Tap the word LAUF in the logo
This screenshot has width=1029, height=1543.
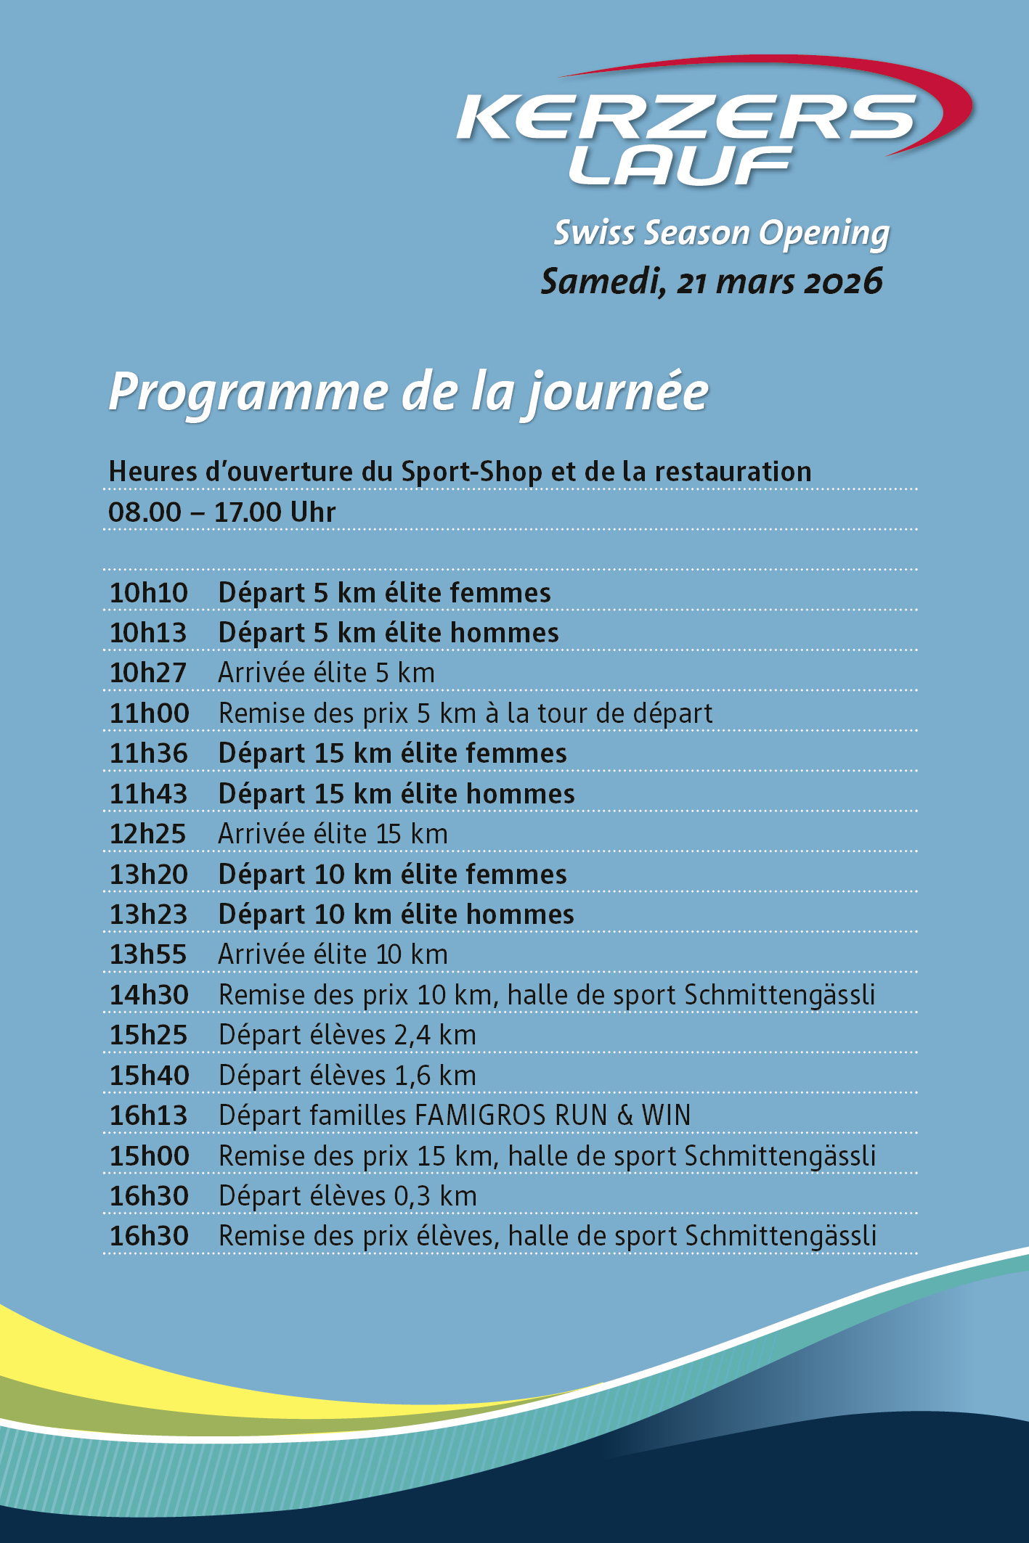[679, 165]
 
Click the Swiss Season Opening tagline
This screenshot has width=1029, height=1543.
[721, 233]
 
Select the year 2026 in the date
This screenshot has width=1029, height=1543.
[842, 282]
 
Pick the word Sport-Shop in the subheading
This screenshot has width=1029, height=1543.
[472, 472]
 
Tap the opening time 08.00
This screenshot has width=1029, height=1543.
[145, 512]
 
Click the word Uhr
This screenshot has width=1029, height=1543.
[312, 512]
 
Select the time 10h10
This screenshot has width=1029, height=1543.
[149, 593]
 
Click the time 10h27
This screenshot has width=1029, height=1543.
[149, 673]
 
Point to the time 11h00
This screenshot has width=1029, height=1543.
[149, 713]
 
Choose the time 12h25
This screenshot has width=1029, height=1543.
[149, 834]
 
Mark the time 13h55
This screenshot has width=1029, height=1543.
[149, 954]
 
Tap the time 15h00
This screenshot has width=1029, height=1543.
[149, 1155]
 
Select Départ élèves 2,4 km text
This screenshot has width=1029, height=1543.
[347, 1035]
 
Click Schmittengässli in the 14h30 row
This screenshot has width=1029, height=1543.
[779, 995]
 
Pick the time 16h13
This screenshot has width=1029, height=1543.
[149, 1116]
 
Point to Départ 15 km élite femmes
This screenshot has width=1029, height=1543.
[392, 753]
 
